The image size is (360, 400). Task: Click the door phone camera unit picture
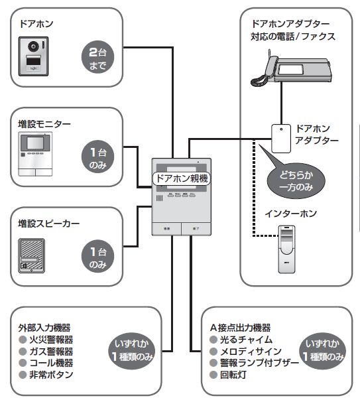[x=33, y=56]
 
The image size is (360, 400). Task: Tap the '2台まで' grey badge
[x=97, y=57]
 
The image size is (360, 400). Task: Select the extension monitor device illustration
[x=35, y=154]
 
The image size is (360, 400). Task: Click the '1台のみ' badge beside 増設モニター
[x=97, y=157]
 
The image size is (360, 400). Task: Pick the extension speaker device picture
[x=32, y=255]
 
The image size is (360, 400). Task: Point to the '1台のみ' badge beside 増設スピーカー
[x=97, y=256]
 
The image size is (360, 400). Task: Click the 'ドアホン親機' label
[x=182, y=178]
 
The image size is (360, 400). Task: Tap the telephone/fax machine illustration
[x=291, y=68]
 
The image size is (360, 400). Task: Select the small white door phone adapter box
[x=281, y=139]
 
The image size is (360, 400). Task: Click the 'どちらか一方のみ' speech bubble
[x=296, y=180]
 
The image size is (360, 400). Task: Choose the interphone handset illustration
[x=286, y=249]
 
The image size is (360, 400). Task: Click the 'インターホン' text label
[x=290, y=213]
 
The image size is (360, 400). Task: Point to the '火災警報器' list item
[x=51, y=340]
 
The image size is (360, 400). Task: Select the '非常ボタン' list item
[x=51, y=375]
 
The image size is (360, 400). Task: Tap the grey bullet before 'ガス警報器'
[x=23, y=352]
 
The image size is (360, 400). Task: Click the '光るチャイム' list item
[x=246, y=340]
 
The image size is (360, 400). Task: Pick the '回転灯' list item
[x=233, y=375]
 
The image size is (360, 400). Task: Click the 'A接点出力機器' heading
[x=240, y=328]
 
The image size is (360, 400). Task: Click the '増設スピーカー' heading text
[x=48, y=224]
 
